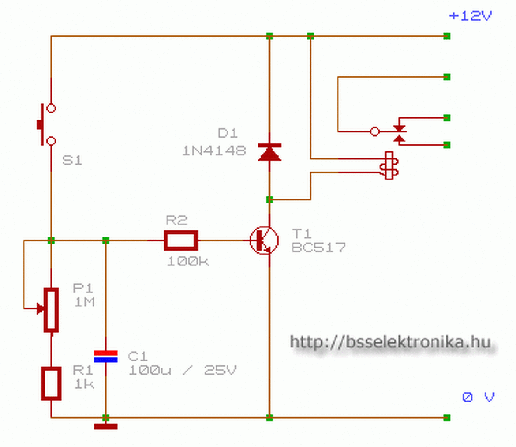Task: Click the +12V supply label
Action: pyautogui.click(x=470, y=16)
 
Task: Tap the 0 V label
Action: pyautogui.click(x=478, y=397)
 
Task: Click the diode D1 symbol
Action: pyautogui.click(x=269, y=152)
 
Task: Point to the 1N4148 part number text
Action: pyautogui.click(x=214, y=151)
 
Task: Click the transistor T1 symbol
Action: pyautogui.click(x=264, y=240)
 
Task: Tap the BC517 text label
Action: pyautogui.click(x=318, y=248)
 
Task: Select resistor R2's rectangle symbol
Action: pyautogui.click(x=181, y=241)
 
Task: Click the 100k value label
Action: pyautogui.click(x=188, y=261)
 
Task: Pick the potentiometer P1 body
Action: pyautogui.click(x=51, y=310)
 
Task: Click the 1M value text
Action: pyautogui.click(x=84, y=302)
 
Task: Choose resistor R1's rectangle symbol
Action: pyautogui.click(x=51, y=383)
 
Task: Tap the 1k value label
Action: pyautogui.click(x=84, y=384)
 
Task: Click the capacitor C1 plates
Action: pyautogui.click(x=106, y=356)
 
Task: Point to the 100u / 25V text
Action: pyautogui.click(x=182, y=370)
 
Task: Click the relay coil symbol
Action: pyautogui.click(x=389, y=165)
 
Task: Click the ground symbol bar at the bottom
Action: pyautogui.click(x=106, y=426)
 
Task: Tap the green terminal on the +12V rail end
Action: pyautogui.click(x=447, y=36)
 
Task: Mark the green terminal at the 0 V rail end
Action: pyautogui.click(x=447, y=418)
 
